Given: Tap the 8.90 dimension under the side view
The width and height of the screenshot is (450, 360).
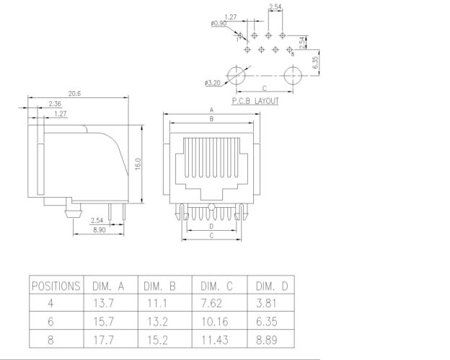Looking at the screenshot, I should tap(101, 229).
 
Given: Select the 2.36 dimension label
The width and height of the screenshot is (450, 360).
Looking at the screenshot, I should tap(54, 104).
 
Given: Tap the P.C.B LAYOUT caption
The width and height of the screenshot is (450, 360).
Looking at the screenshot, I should tap(255, 102).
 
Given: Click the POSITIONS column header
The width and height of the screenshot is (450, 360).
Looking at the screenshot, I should tap(55, 286).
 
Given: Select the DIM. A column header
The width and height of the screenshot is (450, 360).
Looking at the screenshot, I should tap(108, 286).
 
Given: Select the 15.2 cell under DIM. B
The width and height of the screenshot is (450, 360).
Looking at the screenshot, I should tap(160, 340).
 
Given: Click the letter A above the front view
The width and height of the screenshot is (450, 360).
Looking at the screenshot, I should tap(211, 110).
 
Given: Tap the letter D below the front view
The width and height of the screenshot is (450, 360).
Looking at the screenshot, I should tap(211, 227).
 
